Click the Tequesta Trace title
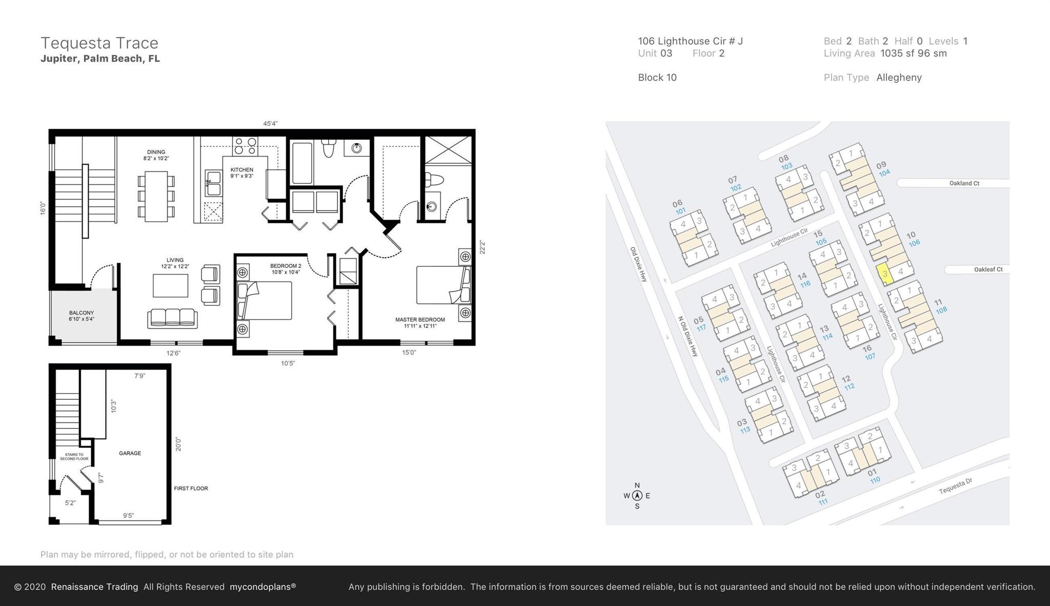tap(99, 43)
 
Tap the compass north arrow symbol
tap(637, 496)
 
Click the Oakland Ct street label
tap(964, 183)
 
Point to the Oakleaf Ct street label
tap(988, 269)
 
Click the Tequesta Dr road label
tap(955, 486)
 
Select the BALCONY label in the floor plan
tap(82, 313)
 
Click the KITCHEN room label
tap(241, 170)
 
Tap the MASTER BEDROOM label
tap(420, 320)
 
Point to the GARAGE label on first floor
tap(130, 453)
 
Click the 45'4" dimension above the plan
tap(270, 124)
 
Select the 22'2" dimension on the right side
tap(482, 247)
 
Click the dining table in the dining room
tap(156, 196)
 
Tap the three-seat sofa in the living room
tap(172, 318)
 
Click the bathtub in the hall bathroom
tap(302, 163)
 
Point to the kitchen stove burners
tap(245, 146)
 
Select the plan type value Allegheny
tap(899, 77)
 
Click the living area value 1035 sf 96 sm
tap(913, 53)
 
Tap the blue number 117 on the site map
tap(701, 328)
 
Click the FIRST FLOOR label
tap(191, 488)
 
